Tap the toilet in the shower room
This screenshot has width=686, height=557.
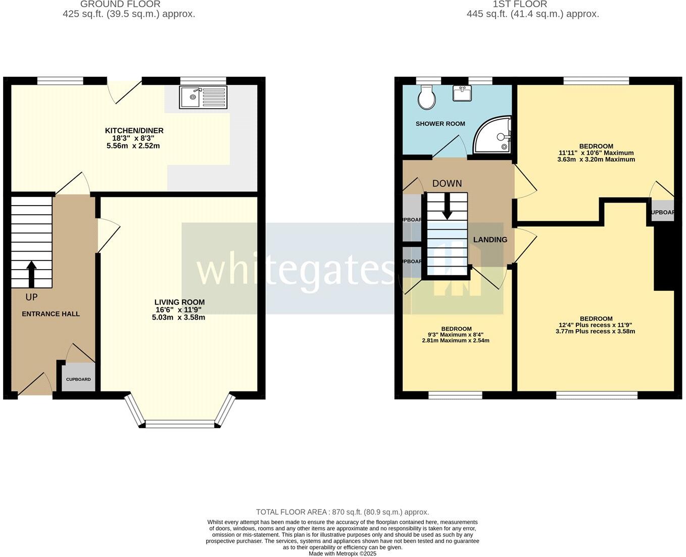[x=427, y=97]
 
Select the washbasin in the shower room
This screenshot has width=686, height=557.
[x=462, y=93]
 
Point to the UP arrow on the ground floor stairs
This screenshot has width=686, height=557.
[x=31, y=273]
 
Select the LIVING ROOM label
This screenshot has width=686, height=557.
[x=179, y=302]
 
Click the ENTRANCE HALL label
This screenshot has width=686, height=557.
[x=51, y=314]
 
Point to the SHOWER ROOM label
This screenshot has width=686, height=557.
[x=440, y=124]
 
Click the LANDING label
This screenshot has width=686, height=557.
[x=490, y=240]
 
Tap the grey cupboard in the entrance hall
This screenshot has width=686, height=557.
[x=78, y=377]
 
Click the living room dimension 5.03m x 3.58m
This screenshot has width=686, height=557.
[x=178, y=318]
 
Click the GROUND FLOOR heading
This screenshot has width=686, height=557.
[x=120, y=4]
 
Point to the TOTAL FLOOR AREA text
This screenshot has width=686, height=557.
[x=342, y=512]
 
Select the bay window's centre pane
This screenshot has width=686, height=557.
[x=180, y=424]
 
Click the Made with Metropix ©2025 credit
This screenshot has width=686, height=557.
[x=342, y=553]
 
